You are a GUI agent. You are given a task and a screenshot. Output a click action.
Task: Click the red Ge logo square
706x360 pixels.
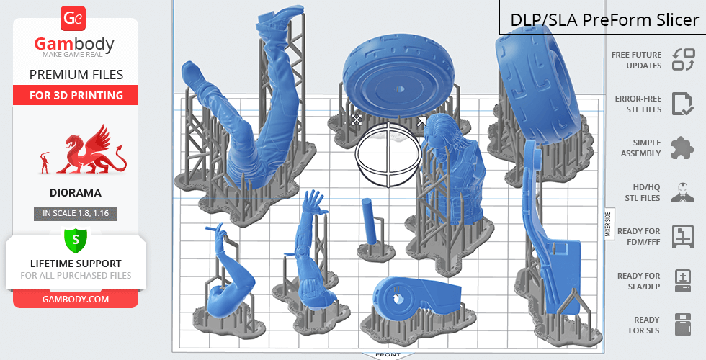pyautogui.click(x=73, y=18)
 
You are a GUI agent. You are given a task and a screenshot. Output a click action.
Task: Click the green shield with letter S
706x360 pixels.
pyautogui.click(x=75, y=240)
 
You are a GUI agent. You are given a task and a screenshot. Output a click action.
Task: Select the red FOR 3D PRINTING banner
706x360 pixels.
pyautogui.click(x=76, y=95)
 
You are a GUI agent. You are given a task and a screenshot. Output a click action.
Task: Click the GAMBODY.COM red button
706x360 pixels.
pyautogui.click(x=76, y=300)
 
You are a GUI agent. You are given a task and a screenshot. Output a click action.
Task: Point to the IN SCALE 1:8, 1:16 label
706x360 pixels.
pyautogui.click(x=76, y=213)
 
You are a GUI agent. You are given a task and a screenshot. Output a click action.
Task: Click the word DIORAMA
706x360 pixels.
pyautogui.click(x=76, y=193)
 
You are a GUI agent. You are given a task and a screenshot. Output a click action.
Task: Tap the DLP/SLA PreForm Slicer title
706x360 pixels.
pyautogui.click(x=604, y=20)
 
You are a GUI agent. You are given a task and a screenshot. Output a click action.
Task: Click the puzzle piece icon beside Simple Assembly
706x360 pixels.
pyautogui.click(x=682, y=148)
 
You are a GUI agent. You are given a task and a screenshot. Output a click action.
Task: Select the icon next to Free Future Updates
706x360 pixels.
pyautogui.click(x=684, y=59)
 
